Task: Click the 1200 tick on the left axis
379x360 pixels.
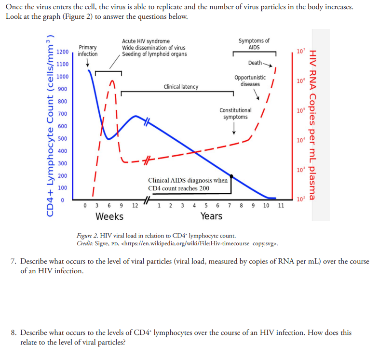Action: (62, 52)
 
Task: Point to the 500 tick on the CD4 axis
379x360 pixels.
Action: (63, 138)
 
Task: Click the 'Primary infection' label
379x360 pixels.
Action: (87, 51)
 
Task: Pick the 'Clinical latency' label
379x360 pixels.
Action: (181, 87)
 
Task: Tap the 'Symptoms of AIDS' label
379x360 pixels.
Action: (254, 44)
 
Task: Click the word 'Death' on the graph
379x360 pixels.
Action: (255, 63)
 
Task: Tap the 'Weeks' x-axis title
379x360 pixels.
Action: (109, 216)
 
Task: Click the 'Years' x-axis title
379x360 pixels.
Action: (211, 216)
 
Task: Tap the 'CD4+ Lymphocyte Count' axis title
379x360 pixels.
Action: (49, 125)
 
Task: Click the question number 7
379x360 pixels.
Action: (14, 261)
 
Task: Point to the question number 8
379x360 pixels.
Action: (14, 333)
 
